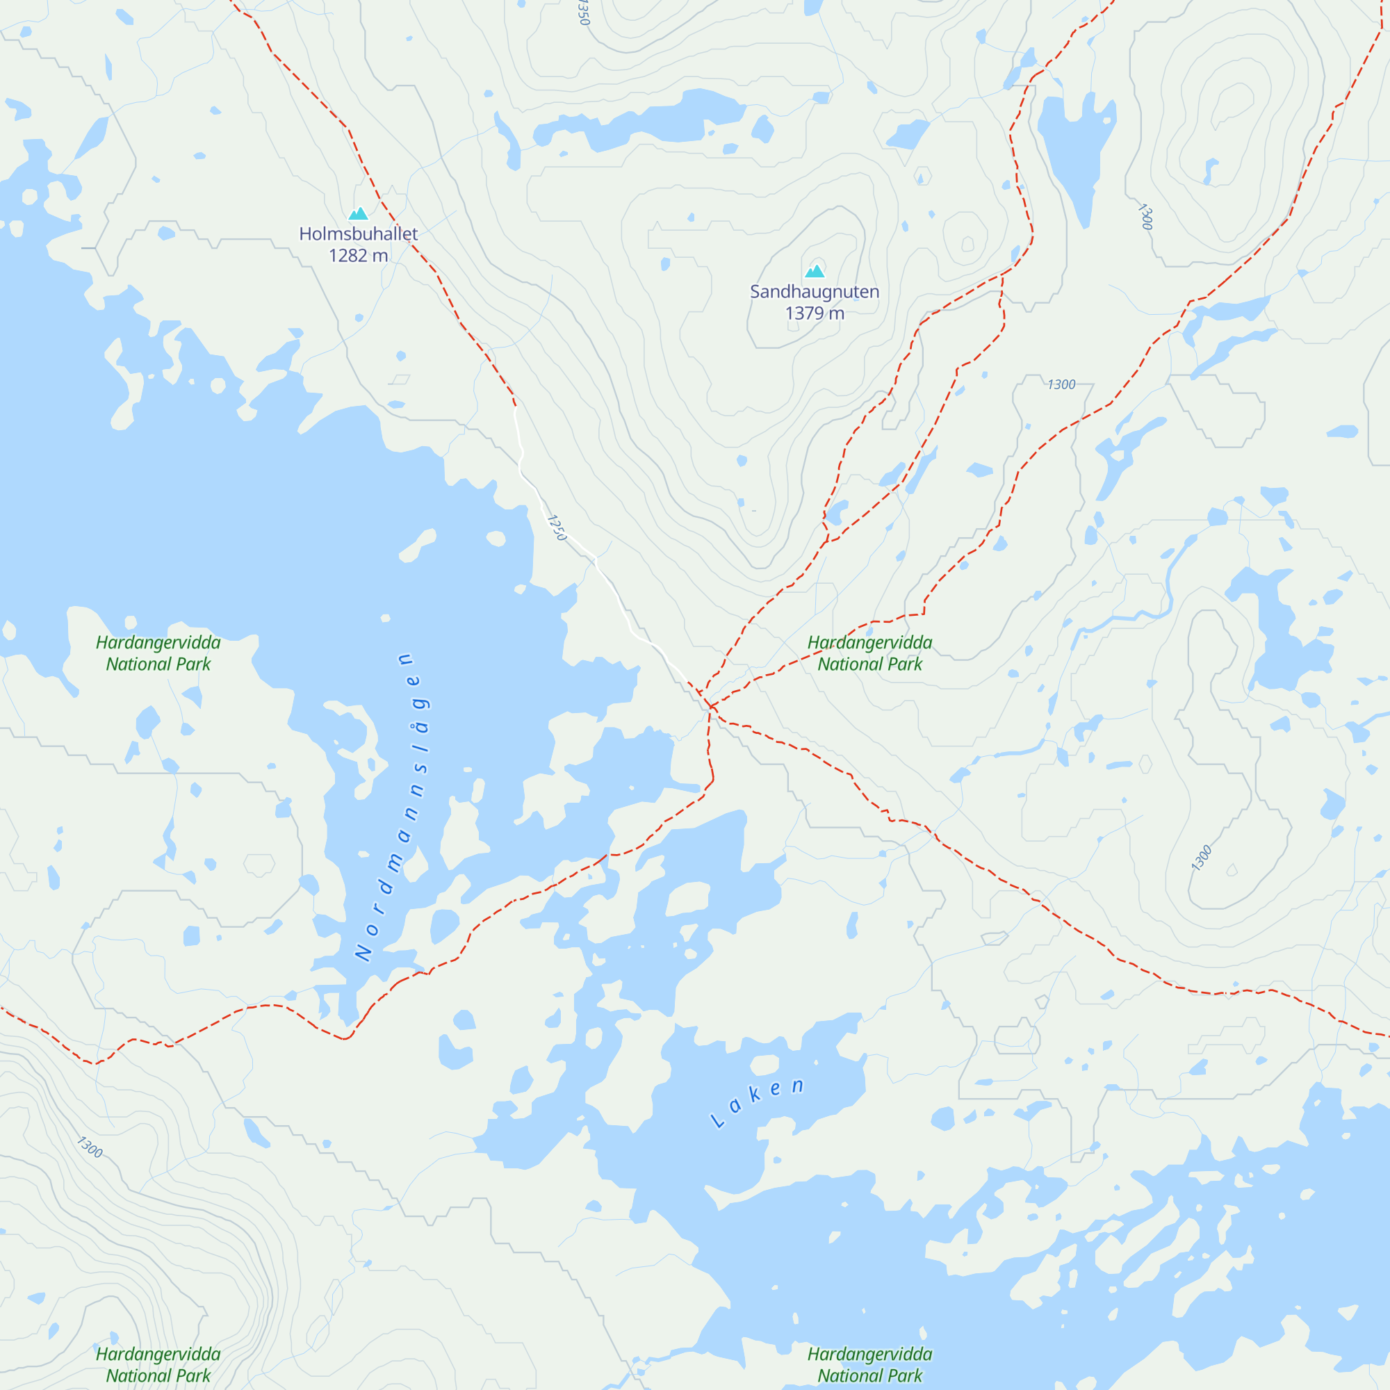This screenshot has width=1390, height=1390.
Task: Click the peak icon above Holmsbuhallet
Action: pyautogui.click(x=359, y=213)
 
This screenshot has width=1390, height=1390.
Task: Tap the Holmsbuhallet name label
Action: pyautogui.click(x=359, y=234)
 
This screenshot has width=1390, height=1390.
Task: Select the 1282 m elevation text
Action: pyautogui.click(x=359, y=255)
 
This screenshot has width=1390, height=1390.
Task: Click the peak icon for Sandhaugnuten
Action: pyautogui.click(x=815, y=271)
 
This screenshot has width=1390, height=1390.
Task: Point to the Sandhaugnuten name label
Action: pyautogui.click(x=815, y=291)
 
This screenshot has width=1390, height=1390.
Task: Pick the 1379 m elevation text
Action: pyautogui.click(x=815, y=313)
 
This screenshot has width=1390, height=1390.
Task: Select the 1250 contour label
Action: pyautogui.click(x=557, y=528)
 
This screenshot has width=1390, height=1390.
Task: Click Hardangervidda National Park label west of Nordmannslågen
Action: pyautogui.click(x=158, y=653)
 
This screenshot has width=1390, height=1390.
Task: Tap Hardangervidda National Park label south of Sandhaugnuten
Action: pyautogui.click(x=870, y=653)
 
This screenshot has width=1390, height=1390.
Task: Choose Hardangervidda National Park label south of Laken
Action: pyautogui.click(x=870, y=1365)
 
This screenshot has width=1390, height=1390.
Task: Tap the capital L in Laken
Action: pyautogui.click(x=717, y=1121)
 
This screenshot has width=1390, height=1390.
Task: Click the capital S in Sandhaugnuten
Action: pyautogui.click(x=755, y=291)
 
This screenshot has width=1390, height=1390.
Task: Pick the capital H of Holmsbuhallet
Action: pyautogui.click(x=305, y=234)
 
